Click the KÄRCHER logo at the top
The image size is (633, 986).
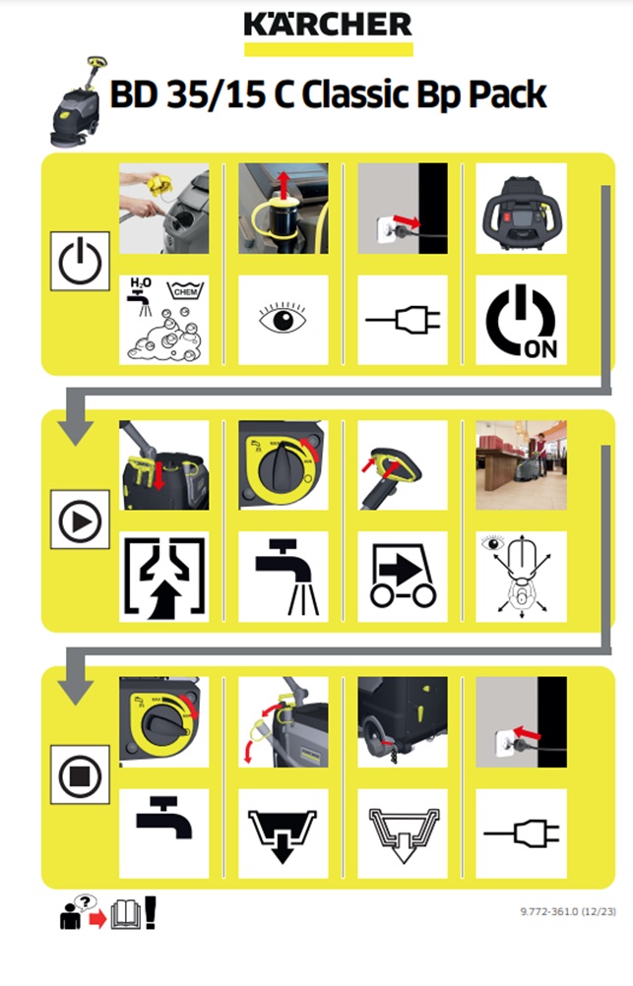pyautogui.click(x=328, y=26)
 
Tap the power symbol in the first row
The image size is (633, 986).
pyautogui.click(x=80, y=261)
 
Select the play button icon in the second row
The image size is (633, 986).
pyautogui.click(x=80, y=520)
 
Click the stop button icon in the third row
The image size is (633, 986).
pyautogui.click(x=80, y=775)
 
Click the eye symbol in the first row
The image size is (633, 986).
pyautogui.click(x=283, y=318)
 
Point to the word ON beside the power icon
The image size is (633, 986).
pyautogui.click(x=541, y=349)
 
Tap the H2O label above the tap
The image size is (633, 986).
pyautogui.click(x=141, y=283)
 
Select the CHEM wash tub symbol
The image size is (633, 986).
pyautogui.click(x=186, y=290)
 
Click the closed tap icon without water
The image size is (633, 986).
pyautogui.click(x=164, y=817)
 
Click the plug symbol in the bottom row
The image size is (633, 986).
pyautogui.click(x=521, y=833)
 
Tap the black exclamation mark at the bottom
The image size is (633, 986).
pyautogui.click(x=150, y=912)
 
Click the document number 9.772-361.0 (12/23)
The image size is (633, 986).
pyautogui.click(x=568, y=911)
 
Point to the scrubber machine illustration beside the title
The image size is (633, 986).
pyautogui.click(x=78, y=102)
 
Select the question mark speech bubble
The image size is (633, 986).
pyautogui.click(x=85, y=903)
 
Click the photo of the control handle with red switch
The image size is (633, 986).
pyautogui.click(x=521, y=209)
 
